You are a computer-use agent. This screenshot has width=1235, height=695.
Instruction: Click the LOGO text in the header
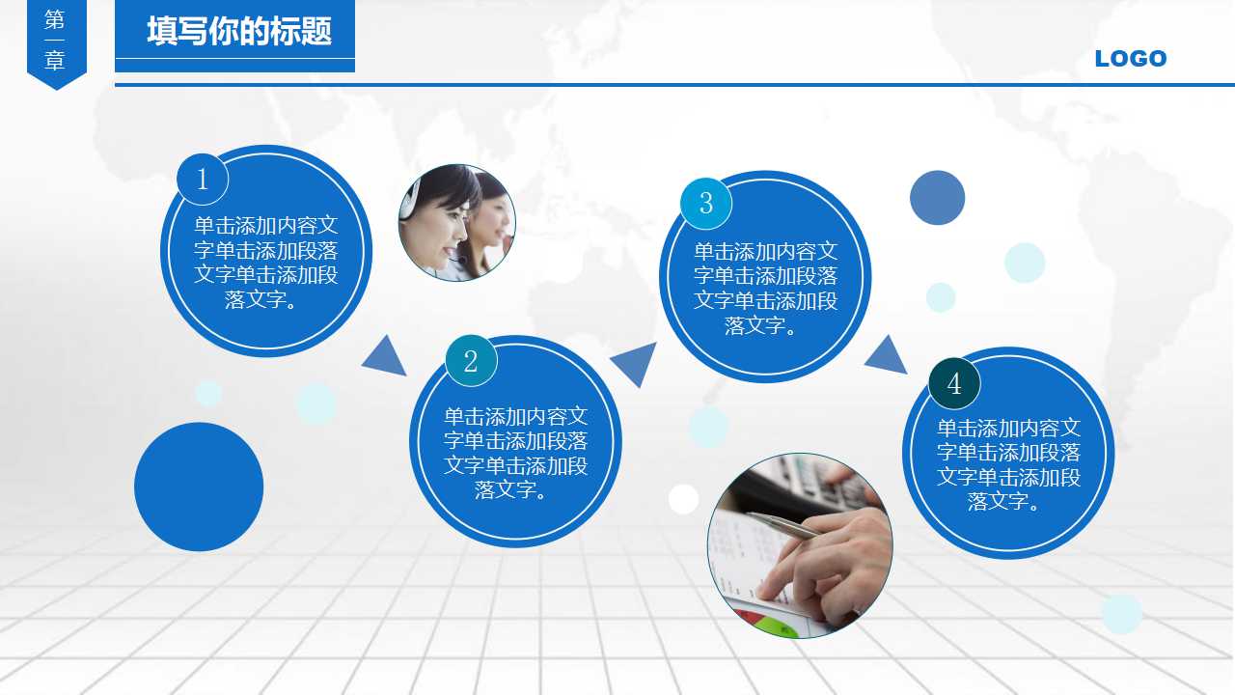(1131, 59)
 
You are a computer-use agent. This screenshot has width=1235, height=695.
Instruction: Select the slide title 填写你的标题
(238, 32)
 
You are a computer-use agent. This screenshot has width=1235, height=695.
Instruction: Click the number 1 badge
(203, 180)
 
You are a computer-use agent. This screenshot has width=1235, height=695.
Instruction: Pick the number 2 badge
(471, 361)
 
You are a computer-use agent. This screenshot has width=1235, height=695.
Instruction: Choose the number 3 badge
(706, 204)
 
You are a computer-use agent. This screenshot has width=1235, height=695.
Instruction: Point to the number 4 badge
(954, 384)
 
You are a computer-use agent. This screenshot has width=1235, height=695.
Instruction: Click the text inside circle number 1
(266, 263)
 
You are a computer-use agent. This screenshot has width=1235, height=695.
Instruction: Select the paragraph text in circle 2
(515, 454)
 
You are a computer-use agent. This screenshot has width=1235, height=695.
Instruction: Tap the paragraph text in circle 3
(765, 289)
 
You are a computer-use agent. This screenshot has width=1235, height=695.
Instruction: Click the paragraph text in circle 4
(1008, 464)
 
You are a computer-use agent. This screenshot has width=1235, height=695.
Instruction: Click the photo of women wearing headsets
(456, 223)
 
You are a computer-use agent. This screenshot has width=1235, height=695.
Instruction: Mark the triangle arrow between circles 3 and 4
(887, 356)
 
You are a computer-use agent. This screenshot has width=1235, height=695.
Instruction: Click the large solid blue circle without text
(199, 486)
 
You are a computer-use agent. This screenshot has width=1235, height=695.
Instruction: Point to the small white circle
(683, 499)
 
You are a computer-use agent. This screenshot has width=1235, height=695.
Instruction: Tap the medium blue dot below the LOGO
(937, 198)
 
